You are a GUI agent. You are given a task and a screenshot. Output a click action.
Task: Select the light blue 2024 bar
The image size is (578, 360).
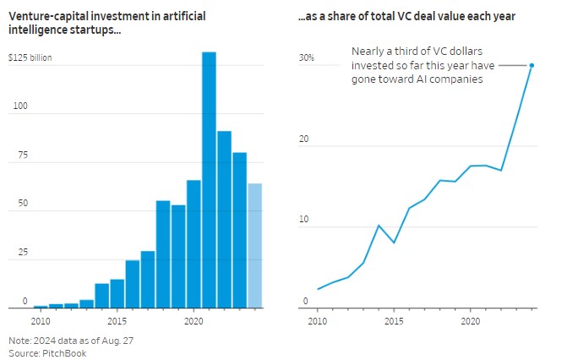coord(255,246)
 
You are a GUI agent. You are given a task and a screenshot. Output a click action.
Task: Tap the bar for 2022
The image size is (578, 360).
coord(224,220)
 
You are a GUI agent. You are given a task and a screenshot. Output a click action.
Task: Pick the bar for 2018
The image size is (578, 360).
coord(163,254)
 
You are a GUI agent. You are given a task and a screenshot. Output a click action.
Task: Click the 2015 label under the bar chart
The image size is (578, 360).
coord(117,322)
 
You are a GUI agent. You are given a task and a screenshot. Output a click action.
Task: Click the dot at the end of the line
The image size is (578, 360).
coord(532,65)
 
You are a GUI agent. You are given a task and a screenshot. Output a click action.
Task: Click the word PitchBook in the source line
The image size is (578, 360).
coord(65,352)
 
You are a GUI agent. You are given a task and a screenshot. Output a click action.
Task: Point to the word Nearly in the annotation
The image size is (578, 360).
coord(368,52)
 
